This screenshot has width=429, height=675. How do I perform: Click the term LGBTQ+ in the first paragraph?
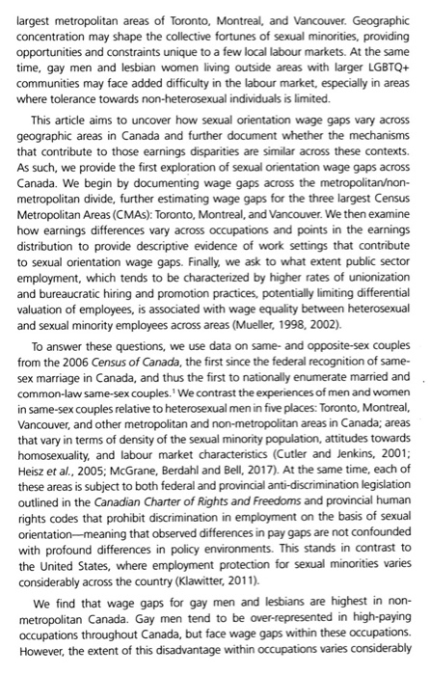381,70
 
